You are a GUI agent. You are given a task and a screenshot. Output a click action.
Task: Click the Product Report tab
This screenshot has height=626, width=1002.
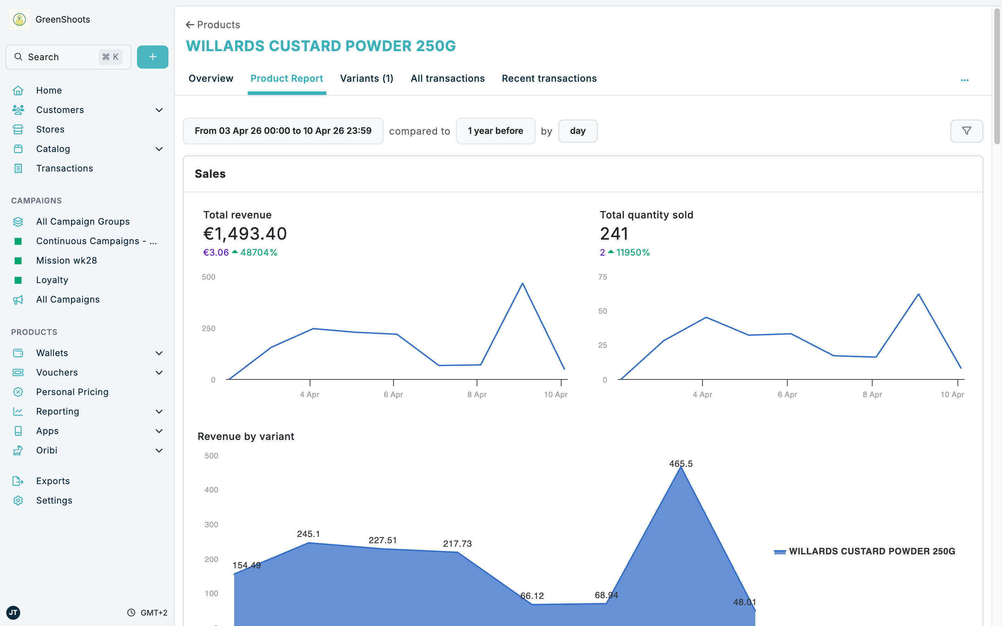coord(287,79)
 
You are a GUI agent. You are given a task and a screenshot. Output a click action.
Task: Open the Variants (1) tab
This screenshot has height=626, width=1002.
coord(366,79)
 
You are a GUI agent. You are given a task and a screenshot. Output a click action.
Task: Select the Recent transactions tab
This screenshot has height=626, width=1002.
coord(549,79)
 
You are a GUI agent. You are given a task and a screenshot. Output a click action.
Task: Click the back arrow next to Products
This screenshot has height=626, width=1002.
coord(190,25)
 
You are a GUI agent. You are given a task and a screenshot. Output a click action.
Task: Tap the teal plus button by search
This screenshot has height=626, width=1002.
coord(152,57)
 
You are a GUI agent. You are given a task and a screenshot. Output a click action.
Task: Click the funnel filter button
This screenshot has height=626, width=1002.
coord(967,131)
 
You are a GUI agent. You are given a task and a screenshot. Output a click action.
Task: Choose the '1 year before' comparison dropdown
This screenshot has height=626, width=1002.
coord(495,131)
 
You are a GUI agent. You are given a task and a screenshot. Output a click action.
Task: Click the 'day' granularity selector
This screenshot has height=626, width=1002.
coord(578,131)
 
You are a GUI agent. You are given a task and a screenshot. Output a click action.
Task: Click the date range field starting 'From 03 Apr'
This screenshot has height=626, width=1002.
coord(283,131)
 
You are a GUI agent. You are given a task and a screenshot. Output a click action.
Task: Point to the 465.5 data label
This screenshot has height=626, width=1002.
coord(681,464)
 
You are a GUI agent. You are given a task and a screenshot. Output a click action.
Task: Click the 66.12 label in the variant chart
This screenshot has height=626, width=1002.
coord(532,596)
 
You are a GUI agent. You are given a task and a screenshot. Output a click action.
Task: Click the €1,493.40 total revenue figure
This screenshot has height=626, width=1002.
coord(245,234)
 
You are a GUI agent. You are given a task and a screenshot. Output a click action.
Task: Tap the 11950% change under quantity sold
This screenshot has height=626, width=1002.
coord(633,252)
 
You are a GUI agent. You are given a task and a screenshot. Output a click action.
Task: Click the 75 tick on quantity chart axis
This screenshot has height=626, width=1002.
coord(603,277)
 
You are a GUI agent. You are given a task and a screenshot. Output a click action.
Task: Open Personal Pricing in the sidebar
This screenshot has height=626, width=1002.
coord(72,392)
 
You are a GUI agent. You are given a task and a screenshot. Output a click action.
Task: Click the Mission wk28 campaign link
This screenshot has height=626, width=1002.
coord(66,260)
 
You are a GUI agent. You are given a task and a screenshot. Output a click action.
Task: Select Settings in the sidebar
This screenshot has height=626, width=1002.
coord(54,500)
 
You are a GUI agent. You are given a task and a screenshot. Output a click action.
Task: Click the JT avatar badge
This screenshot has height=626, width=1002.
coord(13,612)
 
